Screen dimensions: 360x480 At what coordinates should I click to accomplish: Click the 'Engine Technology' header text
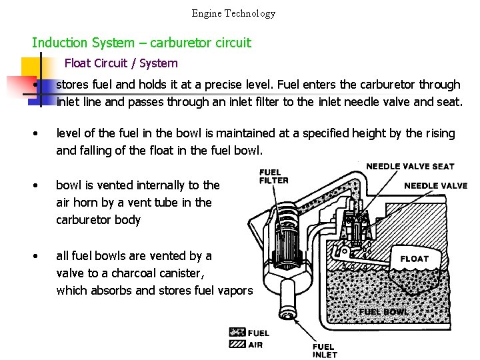tap(233, 13)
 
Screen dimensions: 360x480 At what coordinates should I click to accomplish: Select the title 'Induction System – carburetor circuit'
tap(141, 43)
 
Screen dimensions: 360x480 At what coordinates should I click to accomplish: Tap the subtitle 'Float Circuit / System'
tap(121, 63)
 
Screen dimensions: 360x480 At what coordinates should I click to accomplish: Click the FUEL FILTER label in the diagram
tap(273, 176)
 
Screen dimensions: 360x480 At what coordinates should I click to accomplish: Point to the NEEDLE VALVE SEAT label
tap(410, 166)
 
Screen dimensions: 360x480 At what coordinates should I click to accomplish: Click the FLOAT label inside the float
tap(414, 259)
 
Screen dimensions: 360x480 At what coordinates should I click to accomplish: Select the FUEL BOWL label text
tap(383, 311)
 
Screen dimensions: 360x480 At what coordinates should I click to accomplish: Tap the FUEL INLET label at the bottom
tap(325, 351)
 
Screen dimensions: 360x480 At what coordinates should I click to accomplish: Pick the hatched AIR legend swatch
tap(237, 344)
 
